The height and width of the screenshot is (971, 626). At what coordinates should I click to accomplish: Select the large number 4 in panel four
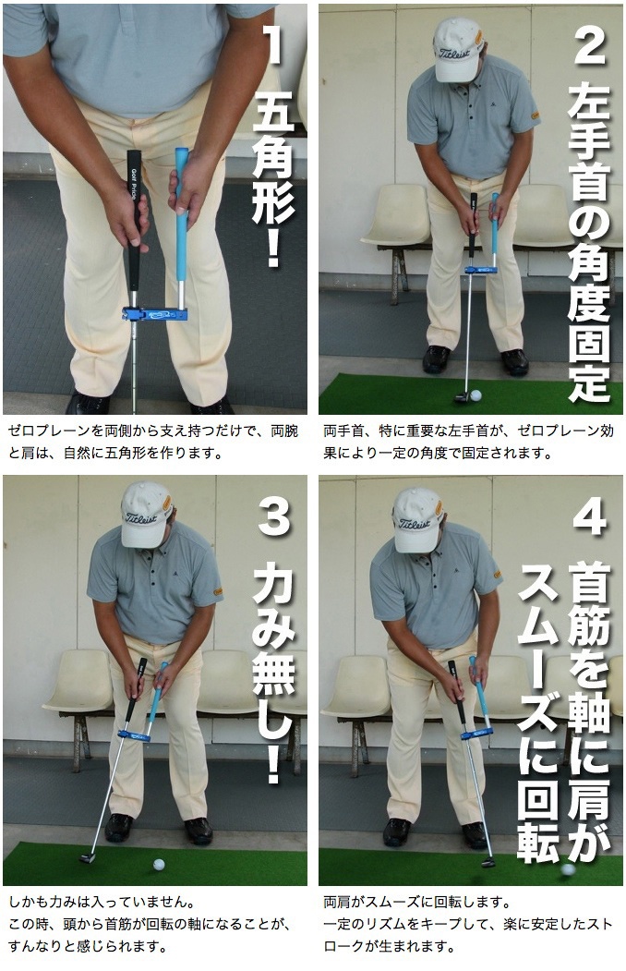click(589, 517)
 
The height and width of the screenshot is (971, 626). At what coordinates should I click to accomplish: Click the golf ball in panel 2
click(476, 395)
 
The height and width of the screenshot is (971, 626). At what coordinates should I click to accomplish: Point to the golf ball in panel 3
click(159, 865)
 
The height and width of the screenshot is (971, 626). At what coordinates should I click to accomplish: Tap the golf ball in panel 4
click(567, 868)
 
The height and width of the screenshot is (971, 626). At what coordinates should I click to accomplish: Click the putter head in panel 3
click(88, 857)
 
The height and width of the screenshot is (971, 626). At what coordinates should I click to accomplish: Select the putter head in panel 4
click(487, 861)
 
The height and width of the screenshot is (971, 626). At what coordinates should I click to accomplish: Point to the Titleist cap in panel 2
click(458, 49)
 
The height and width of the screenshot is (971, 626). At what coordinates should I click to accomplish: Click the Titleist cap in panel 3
click(147, 512)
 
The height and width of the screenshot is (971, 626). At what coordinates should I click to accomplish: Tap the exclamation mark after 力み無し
click(273, 763)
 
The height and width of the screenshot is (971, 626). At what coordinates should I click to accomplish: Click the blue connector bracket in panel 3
click(134, 735)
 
